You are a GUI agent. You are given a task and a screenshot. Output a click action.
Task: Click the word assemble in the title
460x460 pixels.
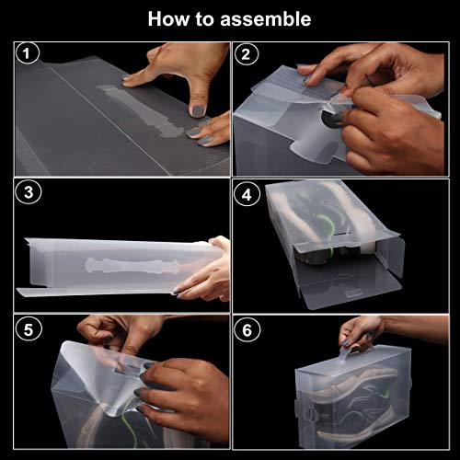coord(266,18)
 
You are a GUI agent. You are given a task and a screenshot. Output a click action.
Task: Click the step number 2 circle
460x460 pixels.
coord(246,54)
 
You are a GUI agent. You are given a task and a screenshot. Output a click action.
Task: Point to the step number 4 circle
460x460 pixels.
coord(246,192)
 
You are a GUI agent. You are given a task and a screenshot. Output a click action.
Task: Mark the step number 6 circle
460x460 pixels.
coord(246,328)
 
